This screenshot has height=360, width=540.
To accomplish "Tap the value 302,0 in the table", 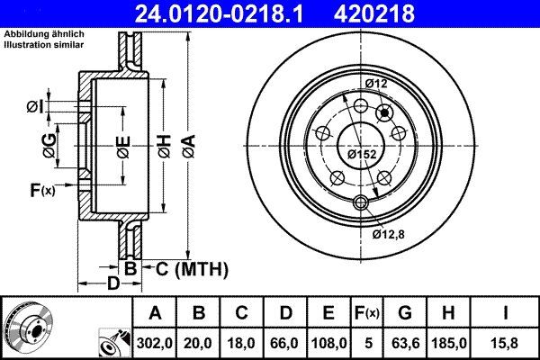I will click(x=155, y=343).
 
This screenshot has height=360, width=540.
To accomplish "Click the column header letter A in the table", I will click(x=155, y=313).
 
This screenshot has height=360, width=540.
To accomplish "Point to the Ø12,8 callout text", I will click(x=389, y=234).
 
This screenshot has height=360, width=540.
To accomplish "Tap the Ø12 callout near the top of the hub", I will click(x=376, y=84).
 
